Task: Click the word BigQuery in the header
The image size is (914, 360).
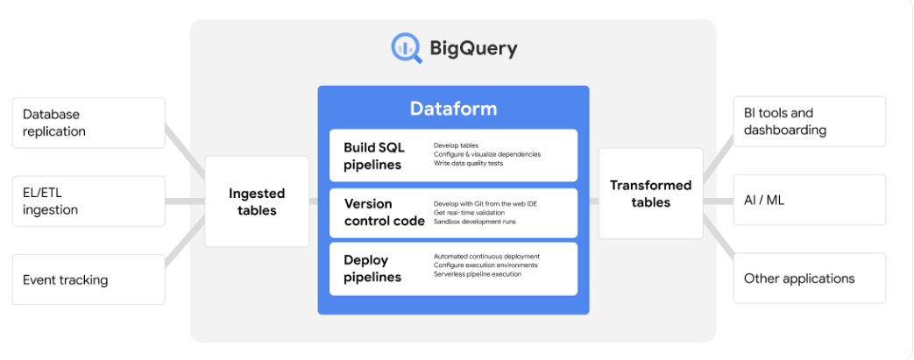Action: click(472, 48)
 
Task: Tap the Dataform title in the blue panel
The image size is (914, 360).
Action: click(453, 109)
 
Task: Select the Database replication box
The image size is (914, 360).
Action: click(89, 123)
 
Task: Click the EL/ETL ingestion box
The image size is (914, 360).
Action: click(89, 201)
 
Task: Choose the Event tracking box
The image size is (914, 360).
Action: click(89, 280)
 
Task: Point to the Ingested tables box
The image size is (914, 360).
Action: click(257, 201)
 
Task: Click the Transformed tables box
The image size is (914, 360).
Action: click(650, 194)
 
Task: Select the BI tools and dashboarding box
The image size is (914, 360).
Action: click(809, 122)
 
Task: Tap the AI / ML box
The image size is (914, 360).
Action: click(809, 201)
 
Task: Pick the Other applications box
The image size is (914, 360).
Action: click(809, 279)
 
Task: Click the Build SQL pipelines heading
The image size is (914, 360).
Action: click(373, 156)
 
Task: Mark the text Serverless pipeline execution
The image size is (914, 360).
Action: click(478, 274)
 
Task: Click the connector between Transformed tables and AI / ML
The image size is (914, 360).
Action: click(718, 201)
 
